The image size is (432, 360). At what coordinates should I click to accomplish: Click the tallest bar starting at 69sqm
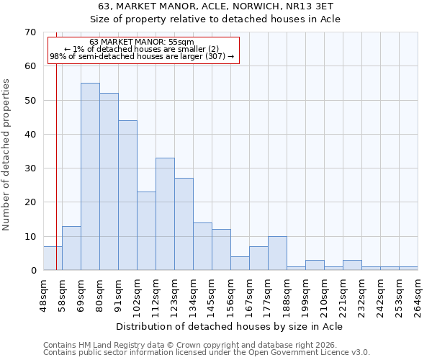pos(90,176)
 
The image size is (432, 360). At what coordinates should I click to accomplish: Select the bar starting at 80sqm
pos(109,181)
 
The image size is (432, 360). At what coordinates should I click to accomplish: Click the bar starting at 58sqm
pos(71,248)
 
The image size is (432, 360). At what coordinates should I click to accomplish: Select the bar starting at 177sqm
pos(277,253)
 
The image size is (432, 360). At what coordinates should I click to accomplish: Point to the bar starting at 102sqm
pos(146,230)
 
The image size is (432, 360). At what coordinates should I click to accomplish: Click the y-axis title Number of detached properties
pos(7,155)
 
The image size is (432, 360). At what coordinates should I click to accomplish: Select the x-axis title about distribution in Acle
pos(229,326)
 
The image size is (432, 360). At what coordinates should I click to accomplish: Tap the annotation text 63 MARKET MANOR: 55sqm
pos(142,42)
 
